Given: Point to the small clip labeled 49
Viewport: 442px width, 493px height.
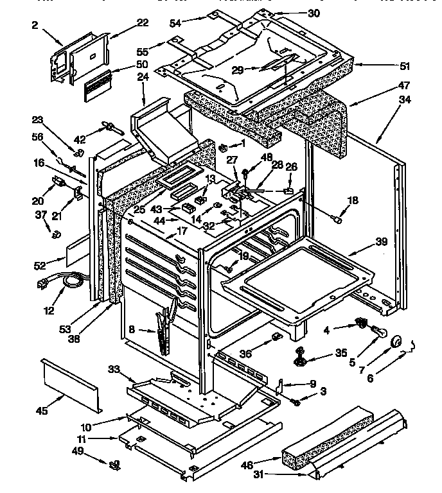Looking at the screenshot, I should [x=114, y=463].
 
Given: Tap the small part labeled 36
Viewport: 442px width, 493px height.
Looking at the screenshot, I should [x=277, y=337].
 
